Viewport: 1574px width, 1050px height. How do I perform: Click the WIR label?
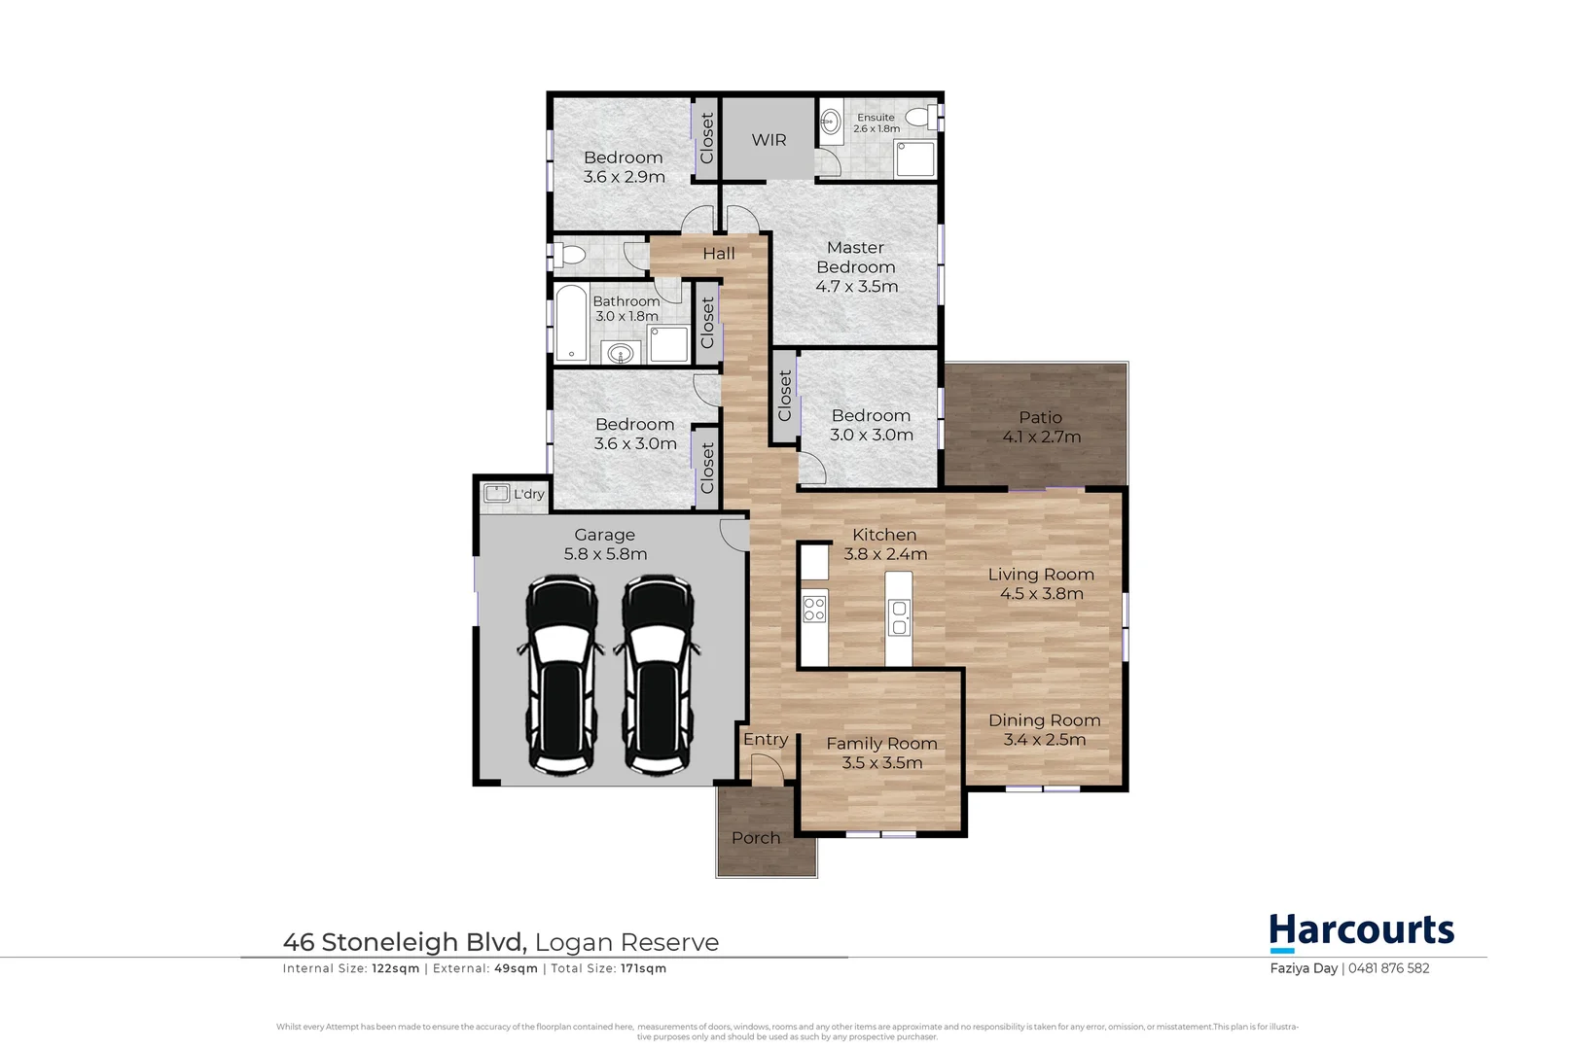[769, 140]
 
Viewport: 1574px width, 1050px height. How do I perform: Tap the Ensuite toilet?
[919, 119]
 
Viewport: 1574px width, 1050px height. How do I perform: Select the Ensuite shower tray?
[914, 159]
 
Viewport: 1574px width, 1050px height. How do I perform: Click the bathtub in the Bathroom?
[572, 323]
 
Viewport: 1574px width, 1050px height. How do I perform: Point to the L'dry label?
[529, 494]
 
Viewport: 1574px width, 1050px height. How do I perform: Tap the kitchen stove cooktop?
[814, 610]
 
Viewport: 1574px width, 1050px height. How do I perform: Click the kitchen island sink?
[900, 618]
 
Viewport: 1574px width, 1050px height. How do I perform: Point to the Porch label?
[756, 838]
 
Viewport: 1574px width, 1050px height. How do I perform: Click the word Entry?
[766, 740]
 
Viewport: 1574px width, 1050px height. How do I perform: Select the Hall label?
[719, 254]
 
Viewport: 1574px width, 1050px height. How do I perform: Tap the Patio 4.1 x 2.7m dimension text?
[1042, 437]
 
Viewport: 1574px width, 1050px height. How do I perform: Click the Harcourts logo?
[1361, 932]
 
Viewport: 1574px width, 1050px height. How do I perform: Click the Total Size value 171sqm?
[643, 968]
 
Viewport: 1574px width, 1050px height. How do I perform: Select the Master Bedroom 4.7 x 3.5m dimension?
[857, 287]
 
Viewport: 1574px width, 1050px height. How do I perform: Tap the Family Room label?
[881, 744]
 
